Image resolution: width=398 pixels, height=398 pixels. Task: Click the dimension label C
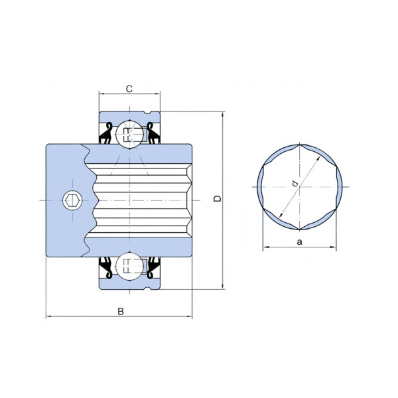(129, 89)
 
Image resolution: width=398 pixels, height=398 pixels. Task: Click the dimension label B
(121, 311)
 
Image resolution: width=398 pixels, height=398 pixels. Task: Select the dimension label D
(218, 198)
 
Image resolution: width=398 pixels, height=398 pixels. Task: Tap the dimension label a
(300, 242)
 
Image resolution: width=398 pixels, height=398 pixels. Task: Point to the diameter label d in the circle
(295, 183)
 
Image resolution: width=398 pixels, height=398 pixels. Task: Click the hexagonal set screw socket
(72, 200)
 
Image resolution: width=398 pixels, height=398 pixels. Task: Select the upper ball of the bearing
(129, 134)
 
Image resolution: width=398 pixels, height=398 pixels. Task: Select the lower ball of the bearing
(129, 266)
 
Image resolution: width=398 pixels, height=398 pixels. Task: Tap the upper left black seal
(105, 134)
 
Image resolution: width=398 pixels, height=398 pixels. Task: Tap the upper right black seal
(154, 134)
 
